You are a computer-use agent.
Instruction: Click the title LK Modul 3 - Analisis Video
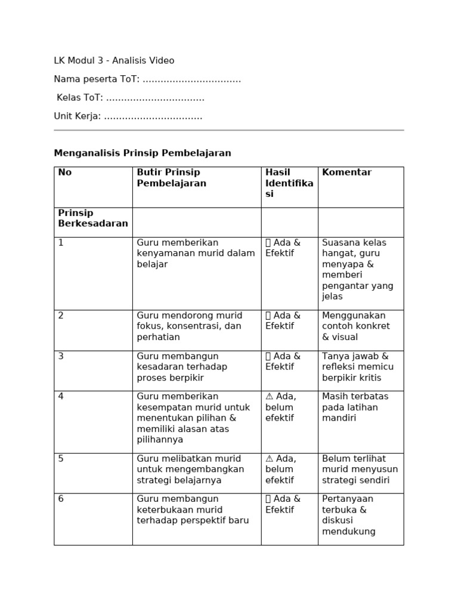point(114,61)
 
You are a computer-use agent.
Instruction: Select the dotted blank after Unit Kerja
point(153,116)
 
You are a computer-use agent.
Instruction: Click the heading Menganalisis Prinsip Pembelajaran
point(143,153)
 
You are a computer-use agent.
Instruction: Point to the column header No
point(65,172)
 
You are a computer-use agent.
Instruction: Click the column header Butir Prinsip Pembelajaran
point(172,178)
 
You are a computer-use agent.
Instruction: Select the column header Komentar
point(346,172)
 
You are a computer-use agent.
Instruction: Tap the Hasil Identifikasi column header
point(289,183)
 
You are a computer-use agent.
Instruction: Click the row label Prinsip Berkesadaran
point(93,218)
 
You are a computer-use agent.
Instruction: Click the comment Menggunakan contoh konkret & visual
point(355,326)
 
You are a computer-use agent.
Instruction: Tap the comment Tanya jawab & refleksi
point(355,367)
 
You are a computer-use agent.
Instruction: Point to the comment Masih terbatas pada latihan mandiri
point(355,408)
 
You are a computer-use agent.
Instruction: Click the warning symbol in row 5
point(269,459)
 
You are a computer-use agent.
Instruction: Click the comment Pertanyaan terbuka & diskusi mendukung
point(349,515)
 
